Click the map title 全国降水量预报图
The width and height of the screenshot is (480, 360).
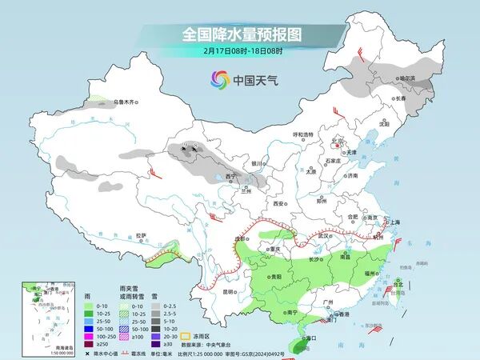point(239,34)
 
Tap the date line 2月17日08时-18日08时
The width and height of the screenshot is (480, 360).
point(239,50)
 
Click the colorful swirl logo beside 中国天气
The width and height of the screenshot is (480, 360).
point(219,80)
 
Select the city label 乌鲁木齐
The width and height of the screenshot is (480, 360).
point(126,102)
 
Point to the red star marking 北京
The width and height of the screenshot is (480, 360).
point(336,146)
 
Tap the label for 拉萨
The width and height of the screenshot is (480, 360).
point(142,235)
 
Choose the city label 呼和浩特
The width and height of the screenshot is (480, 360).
point(304,134)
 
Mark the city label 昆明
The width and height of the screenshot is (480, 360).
point(229,291)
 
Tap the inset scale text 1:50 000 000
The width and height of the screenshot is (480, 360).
point(37,353)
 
